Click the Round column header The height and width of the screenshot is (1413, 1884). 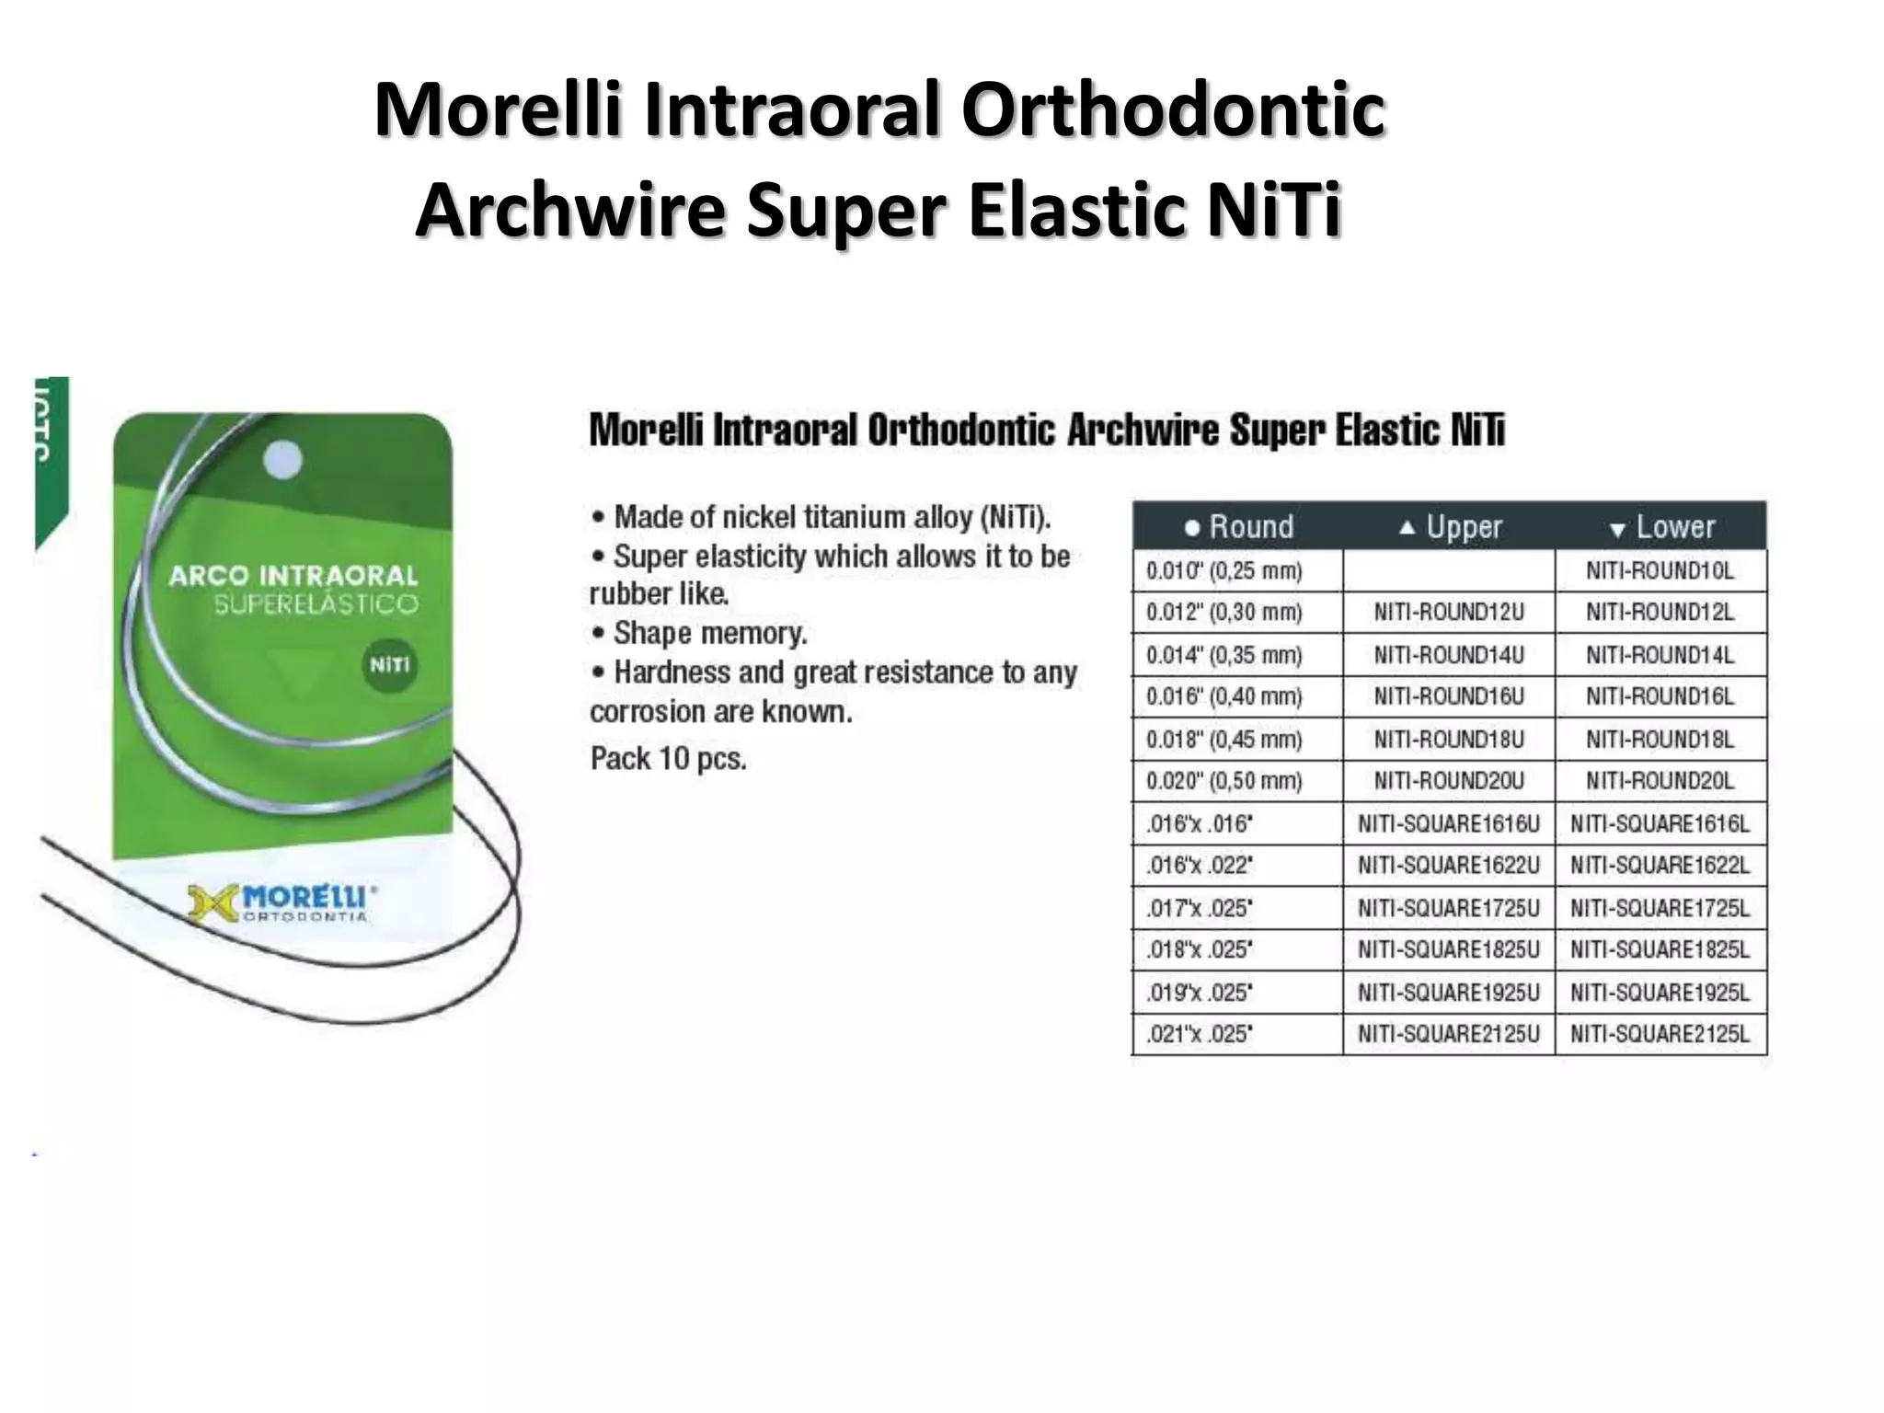coord(1238,527)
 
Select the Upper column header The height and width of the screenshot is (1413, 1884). coord(1450,527)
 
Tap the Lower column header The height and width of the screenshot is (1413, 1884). coord(1661,527)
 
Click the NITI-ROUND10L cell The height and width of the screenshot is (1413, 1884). coord(1660,570)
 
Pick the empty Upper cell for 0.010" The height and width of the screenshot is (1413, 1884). coord(1449,570)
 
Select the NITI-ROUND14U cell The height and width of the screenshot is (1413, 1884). coord(1449,655)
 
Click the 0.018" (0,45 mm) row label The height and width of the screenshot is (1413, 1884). coord(1224,740)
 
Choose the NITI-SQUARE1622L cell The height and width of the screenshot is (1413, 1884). coord(1660,866)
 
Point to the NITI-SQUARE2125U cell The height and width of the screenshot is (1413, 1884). coord(1449,1034)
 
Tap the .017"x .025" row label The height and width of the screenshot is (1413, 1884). coord(1200,909)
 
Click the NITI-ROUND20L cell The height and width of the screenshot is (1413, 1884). coord(1660,781)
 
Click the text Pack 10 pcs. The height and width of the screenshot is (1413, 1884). coord(669,759)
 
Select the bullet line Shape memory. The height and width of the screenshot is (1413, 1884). coord(708,633)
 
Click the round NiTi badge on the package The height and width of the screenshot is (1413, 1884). coord(389,664)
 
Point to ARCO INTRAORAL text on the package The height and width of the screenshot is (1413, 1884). coord(293,576)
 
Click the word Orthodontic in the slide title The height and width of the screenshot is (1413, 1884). coord(1172,110)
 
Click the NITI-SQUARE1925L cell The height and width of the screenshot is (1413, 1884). coord(1660,993)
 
